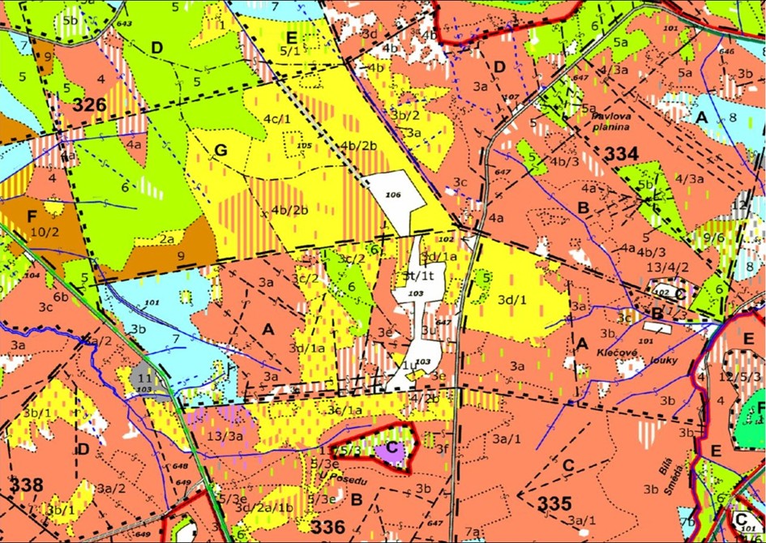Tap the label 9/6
[x=714, y=237]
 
